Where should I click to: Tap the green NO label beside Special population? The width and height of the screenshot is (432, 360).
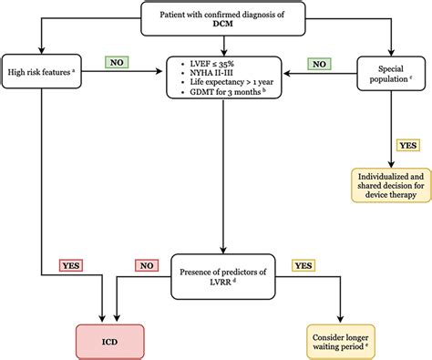318,66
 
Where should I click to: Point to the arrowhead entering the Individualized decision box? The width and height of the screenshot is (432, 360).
392,165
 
